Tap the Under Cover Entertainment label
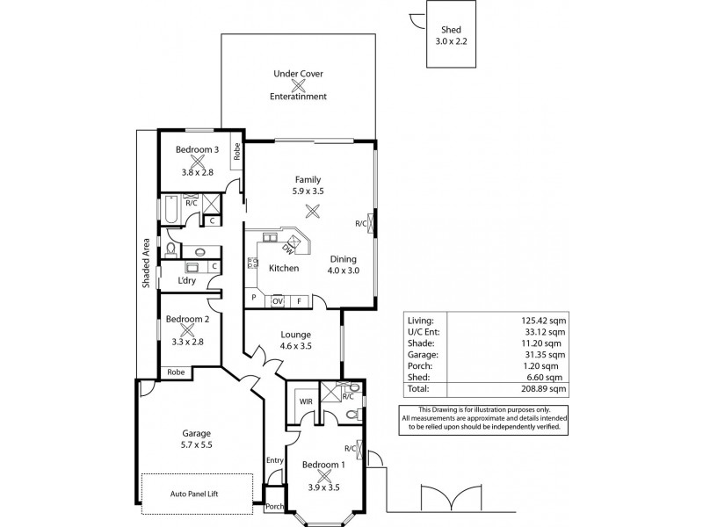(x=299, y=85)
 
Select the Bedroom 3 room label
(x=197, y=149)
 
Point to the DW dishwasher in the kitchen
(x=288, y=249)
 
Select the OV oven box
(x=277, y=300)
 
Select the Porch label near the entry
(x=274, y=505)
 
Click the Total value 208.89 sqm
(x=543, y=387)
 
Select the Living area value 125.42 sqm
(x=543, y=321)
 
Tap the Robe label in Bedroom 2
(x=176, y=372)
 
